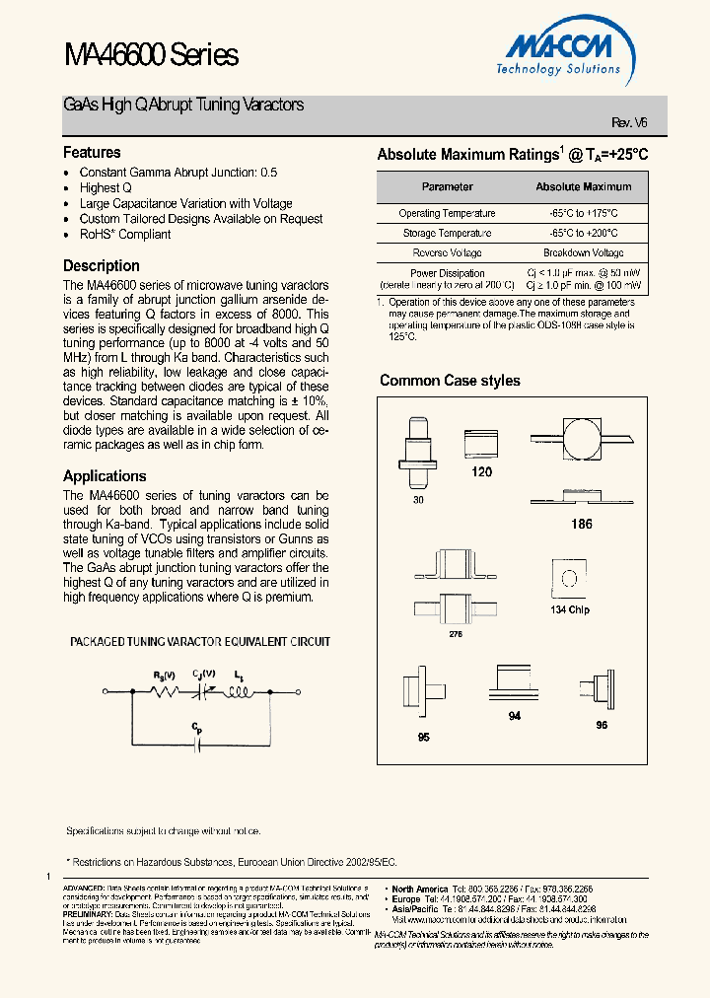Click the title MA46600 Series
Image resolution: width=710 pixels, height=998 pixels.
point(150,55)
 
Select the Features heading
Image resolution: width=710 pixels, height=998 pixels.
point(92,153)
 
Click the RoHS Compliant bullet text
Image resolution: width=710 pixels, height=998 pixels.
point(125,235)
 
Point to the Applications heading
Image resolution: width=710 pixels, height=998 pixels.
point(105,475)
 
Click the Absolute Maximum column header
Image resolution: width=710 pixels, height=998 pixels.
point(583,186)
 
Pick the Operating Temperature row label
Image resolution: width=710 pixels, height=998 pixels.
point(447,213)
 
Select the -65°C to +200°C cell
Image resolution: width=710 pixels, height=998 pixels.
point(583,233)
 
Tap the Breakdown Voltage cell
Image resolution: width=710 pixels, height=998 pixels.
point(583,253)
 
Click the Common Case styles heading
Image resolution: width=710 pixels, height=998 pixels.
point(450,381)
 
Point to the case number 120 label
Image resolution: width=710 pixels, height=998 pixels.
point(481,472)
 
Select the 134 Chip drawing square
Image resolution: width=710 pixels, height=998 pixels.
point(568,580)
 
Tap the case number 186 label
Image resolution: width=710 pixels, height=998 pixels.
point(582,524)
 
